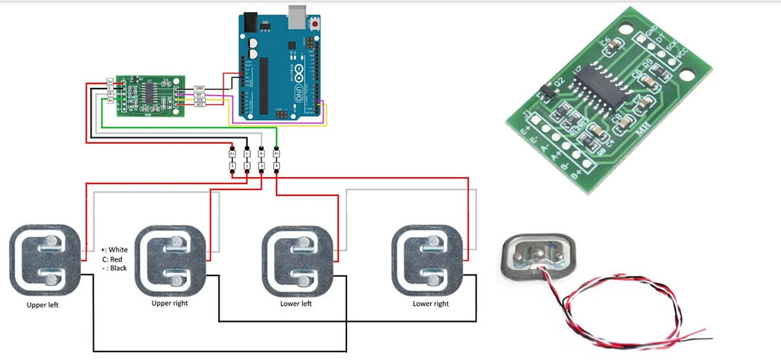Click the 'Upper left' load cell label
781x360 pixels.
pos(42,305)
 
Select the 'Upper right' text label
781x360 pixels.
pos(170,304)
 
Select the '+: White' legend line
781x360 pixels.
pos(114,249)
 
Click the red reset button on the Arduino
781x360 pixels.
pos(315,25)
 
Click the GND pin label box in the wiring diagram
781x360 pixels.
pos(200,88)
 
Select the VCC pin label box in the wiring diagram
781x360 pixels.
pos(200,104)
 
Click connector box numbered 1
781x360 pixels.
pos(233,165)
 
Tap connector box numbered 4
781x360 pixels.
pos(276,165)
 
